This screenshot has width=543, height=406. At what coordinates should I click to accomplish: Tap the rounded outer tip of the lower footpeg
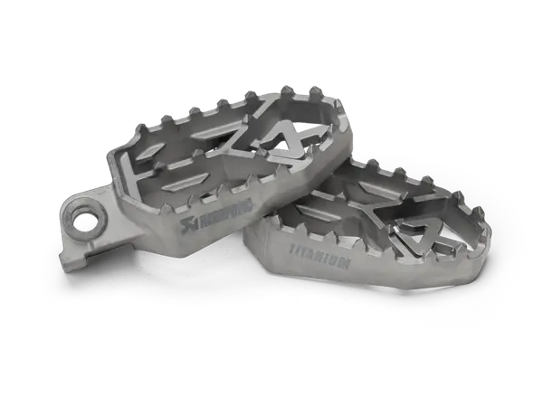click(485, 240)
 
